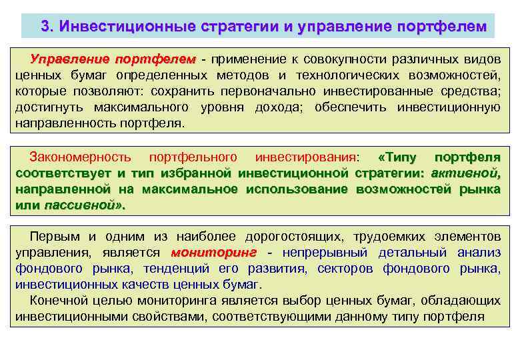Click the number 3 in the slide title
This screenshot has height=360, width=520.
tap(45, 27)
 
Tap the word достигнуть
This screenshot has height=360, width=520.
tap(49, 107)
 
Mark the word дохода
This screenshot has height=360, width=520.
tap(276, 107)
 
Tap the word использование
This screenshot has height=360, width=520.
tap(297, 190)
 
